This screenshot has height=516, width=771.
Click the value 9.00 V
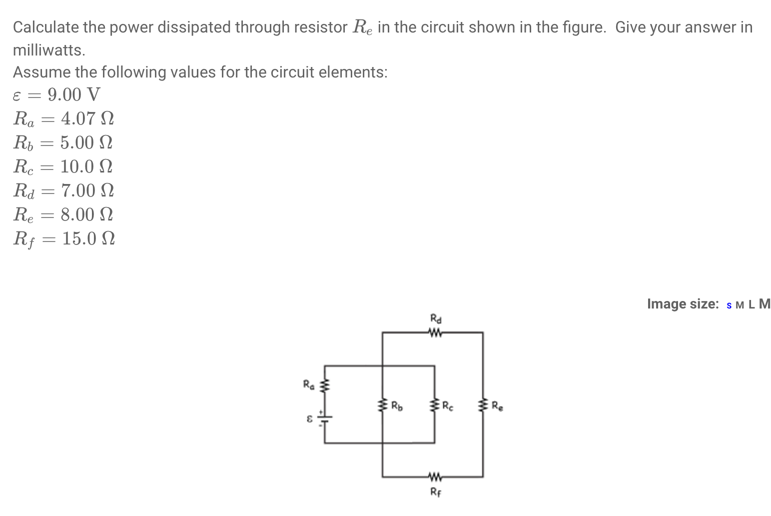click(x=74, y=94)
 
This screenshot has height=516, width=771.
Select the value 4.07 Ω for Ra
click(x=87, y=118)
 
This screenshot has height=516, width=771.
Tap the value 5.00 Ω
click(x=86, y=142)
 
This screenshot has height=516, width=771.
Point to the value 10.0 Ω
click(x=86, y=166)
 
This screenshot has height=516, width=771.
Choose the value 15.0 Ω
click(x=88, y=238)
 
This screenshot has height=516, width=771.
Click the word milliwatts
click(x=49, y=50)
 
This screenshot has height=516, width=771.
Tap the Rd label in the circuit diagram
click(x=436, y=317)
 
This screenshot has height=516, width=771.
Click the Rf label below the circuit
click(x=436, y=491)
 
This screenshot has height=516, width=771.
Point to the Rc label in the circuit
click(x=449, y=405)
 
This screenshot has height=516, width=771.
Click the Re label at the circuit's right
click(x=498, y=405)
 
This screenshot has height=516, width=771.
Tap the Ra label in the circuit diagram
click(x=309, y=384)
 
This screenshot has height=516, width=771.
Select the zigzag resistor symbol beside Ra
click(x=325, y=385)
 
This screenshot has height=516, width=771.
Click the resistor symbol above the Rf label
click(x=434, y=475)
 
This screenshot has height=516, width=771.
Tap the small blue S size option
click(x=729, y=305)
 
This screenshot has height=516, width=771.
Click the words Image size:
click(x=683, y=303)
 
